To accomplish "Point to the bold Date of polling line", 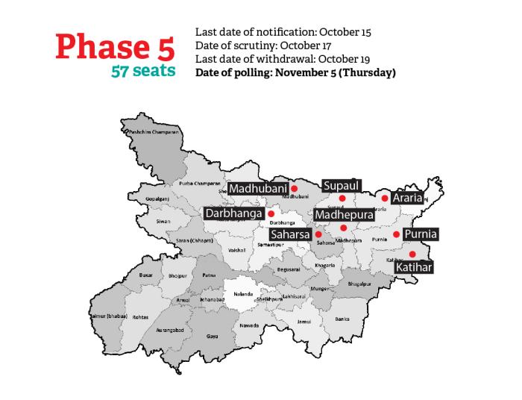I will coord(295,72).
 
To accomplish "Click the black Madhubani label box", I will coord(258,189).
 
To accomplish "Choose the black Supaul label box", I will coord(342,185).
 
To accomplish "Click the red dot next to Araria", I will coord(385,199).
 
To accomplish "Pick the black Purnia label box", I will coord(420,234).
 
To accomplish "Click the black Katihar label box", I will coord(414,266).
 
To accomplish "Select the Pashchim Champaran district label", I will coord(154,132).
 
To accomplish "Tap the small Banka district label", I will coord(342,319).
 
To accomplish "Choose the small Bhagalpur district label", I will coord(359,284).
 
